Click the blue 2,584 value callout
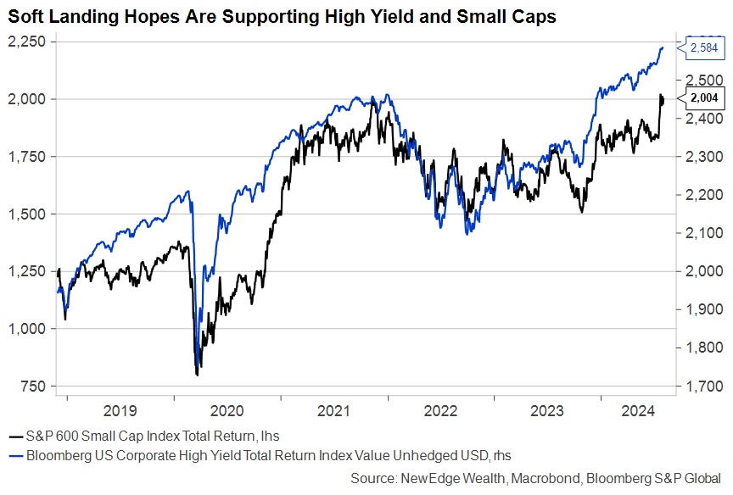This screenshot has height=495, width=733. click(x=704, y=49)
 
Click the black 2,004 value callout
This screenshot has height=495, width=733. click(x=704, y=99)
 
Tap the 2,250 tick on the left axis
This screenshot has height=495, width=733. click(x=27, y=42)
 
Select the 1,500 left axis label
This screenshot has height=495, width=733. click(x=27, y=214)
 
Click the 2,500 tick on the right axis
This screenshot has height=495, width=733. click(x=699, y=80)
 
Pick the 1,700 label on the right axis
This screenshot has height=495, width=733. click(x=699, y=387)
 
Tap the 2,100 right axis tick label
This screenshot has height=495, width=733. click(x=699, y=233)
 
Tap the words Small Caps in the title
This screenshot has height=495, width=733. click(x=512, y=16)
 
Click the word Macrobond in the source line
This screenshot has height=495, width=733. click(x=549, y=479)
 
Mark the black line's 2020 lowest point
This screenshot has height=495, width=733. click(x=198, y=375)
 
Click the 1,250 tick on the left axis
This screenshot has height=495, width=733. click(x=27, y=271)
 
